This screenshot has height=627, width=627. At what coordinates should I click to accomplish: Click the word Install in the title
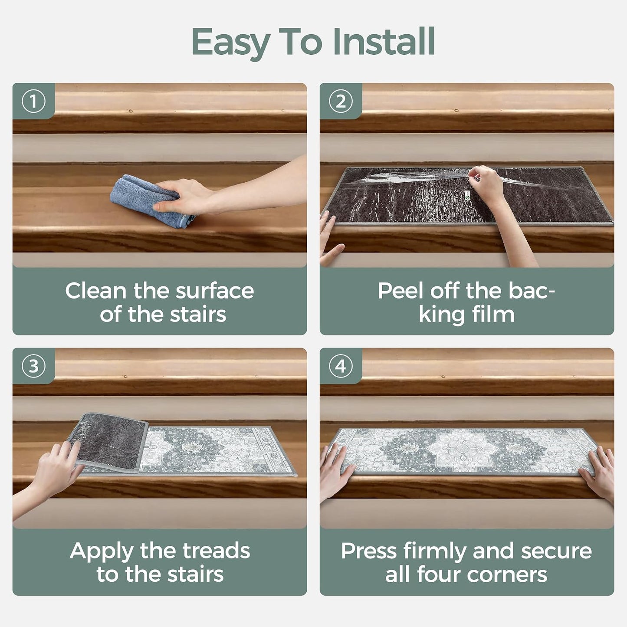pyautogui.click(x=384, y=42)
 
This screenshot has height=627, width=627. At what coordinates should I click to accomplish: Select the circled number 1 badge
pyautogui.click(x=33, y=102)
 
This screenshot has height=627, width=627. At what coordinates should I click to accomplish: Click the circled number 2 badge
pyautogui.click(x=341, y=102)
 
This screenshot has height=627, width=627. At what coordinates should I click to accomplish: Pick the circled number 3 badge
pyautogui.click(x=33, y=366)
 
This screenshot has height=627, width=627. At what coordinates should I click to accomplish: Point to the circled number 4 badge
pyautogui.click(x=341, y=366)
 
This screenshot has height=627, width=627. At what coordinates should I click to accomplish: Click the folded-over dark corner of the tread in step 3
pyautogui.click(x=109, y=441)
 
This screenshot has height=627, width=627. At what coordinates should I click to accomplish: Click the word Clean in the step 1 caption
pyautogui.click(x=95, y=291)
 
